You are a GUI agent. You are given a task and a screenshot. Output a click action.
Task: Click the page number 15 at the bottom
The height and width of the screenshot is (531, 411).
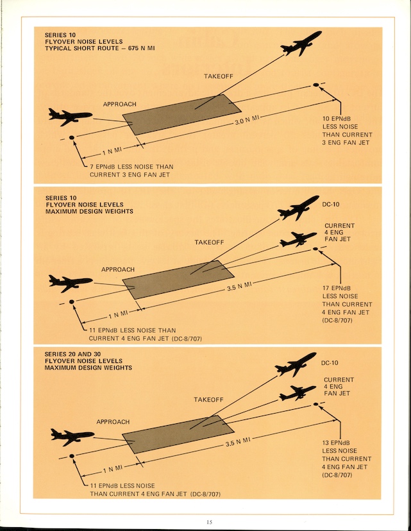209,522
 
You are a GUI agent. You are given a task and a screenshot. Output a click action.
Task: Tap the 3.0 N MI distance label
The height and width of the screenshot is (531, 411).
246,119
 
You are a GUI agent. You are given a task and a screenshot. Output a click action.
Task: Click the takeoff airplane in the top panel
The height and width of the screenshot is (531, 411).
301,44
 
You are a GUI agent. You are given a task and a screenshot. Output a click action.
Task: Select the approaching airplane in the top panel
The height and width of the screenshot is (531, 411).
70,116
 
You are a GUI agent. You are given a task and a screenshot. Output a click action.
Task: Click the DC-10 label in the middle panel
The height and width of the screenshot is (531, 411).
330,206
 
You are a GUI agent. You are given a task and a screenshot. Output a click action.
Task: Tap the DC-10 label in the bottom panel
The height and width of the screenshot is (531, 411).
331,363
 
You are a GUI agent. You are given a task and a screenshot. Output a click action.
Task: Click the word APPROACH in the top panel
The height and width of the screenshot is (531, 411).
119,104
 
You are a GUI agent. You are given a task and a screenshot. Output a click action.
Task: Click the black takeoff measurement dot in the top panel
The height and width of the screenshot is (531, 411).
315,85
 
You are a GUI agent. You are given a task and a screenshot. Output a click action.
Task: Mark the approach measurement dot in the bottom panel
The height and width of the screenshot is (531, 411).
72,456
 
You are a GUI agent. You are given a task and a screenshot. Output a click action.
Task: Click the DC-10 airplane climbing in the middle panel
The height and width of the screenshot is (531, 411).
298,208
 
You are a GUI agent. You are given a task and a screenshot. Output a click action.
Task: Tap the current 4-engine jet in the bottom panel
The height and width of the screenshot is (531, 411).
298,392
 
